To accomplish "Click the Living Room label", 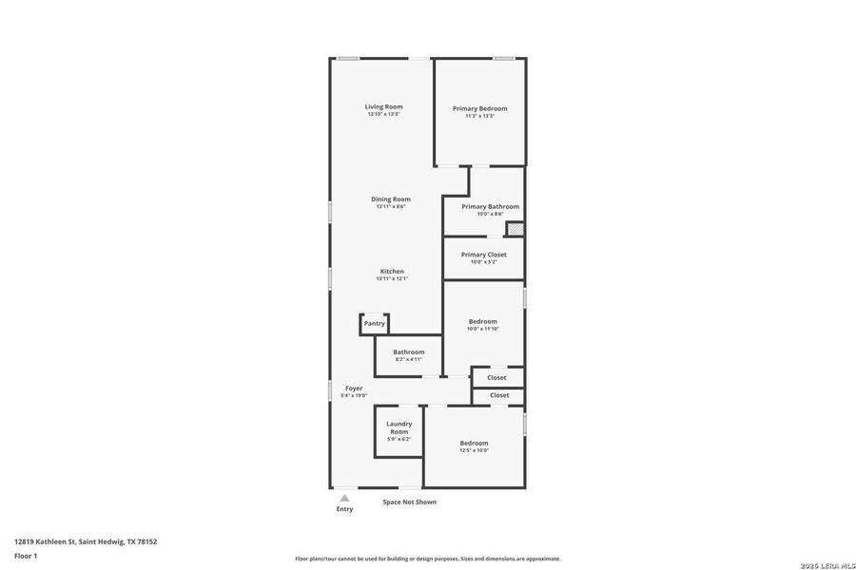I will pyautogui.click(x=384, y=106).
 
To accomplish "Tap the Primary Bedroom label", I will pyautogui.click(x=479, y=108).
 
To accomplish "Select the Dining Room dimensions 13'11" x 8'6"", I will pyautogui.click(x=391, y=206).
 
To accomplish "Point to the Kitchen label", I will pyautogui.click(x=392, y=272).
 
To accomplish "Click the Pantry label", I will pyautogui.click(x=374, y=324).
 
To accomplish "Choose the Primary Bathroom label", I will pyautogui.click(x=490, y=206).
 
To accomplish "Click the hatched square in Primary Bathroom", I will pyautogui.click(x=515, y=228).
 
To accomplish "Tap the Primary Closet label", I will pyautogui.click(x=483, y=255).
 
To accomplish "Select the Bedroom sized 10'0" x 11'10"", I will pyautogui.click(x=482, y=322).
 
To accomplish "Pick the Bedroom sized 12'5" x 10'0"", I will pyautogui.click(x=474, y=443).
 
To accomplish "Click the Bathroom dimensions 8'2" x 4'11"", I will pyautogui.click(x=408, y=359).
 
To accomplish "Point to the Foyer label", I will pyautogui.click(x=354, y=389).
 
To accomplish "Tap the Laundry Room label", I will pyautogui.click(x=399, y=427).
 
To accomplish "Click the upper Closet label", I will pyautogui.click(x=496, y=377).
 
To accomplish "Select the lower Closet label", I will pyautogui.click(x=498, y=395).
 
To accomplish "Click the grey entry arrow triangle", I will pyautogui.click(x=344, y=498).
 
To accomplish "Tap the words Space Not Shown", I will pyautogui.click(x=409, y=502).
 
